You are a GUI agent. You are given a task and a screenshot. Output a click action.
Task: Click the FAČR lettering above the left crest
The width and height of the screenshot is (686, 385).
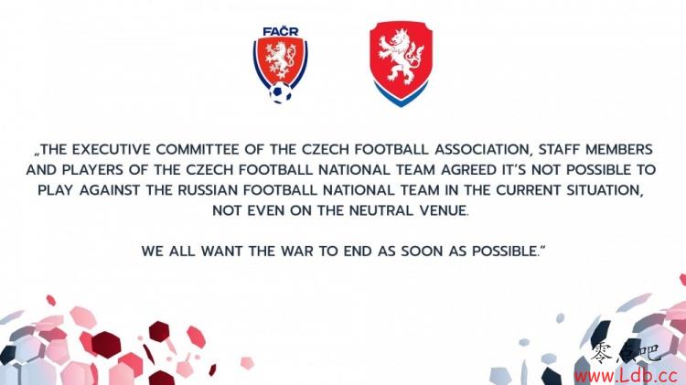tap(281, 31)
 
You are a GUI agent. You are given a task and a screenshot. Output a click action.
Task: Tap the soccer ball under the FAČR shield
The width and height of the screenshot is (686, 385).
tap(281, 92)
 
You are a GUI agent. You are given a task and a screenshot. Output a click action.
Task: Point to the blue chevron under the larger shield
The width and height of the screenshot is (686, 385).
tap(401, 95)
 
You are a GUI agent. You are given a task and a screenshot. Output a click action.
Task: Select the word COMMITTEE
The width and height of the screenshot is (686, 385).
tap(198, 150)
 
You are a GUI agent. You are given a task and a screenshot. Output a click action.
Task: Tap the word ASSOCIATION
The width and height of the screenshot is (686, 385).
tap(482, 150)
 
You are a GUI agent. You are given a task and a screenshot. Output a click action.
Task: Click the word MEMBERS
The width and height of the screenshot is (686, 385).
tap(619, 150)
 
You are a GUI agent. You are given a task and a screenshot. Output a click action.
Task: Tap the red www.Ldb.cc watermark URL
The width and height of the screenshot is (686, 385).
tap(626, 375)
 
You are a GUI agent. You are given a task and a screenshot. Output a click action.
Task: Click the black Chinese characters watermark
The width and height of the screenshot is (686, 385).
tap(625, 352)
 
